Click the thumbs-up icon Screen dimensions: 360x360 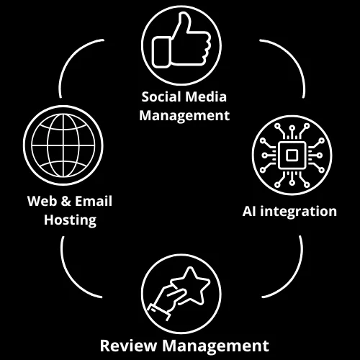181,41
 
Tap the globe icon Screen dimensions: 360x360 63,145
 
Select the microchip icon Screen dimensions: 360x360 292,155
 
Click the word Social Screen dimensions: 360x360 161,97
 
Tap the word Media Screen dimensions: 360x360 206,97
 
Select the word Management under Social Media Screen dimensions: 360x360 184,117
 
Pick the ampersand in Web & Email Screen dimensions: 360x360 66,201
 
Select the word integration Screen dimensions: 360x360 299,212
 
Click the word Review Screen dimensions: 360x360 128,346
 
